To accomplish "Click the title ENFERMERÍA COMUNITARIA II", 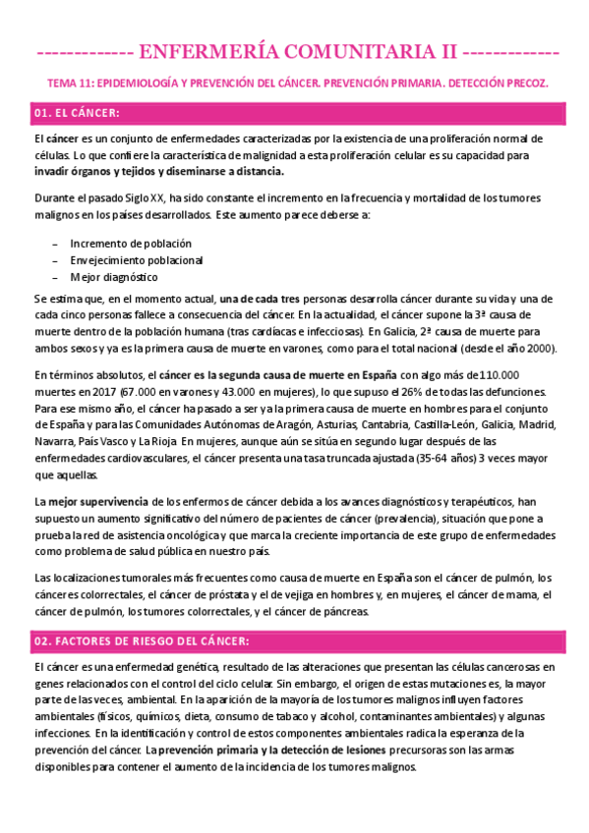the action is [x=294, y=51].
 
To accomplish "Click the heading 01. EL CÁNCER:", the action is [x=77, y=114].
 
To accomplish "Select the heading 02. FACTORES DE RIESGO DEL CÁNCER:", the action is [x=142, y=640].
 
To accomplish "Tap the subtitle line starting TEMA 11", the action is [x=294, y=83].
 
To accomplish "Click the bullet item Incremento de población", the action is [x=130, y=243].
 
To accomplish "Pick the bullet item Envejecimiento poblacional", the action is [x=136, y=259].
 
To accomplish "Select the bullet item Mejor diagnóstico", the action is [x=113, y=277].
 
